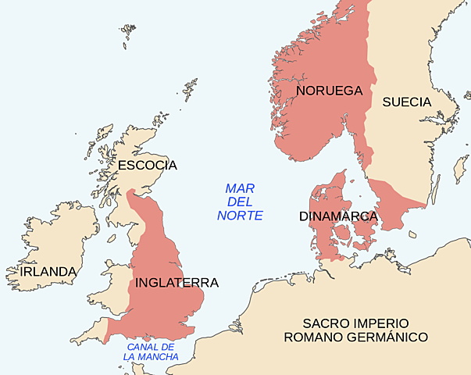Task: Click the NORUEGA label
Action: point(330,91)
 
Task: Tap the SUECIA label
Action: point(406,102)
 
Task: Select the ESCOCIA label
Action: point(148,166)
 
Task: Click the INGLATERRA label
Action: point(177,282)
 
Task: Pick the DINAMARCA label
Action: point(338,216)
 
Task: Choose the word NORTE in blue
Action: point(240,215)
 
